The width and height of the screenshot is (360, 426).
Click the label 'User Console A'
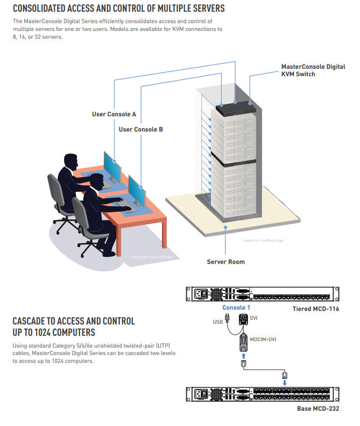(114, 114)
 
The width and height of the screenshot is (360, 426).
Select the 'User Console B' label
(141, 129)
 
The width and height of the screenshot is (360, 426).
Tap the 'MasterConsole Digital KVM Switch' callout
(313, 70)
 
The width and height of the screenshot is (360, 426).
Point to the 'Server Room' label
(225, 262)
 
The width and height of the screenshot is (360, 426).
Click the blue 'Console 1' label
(236, 308)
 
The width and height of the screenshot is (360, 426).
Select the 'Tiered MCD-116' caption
(316, 309)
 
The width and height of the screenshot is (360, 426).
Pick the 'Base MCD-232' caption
(318, 408)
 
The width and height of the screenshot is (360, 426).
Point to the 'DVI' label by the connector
(254, 318)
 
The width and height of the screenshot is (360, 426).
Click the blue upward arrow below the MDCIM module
(244, 355)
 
